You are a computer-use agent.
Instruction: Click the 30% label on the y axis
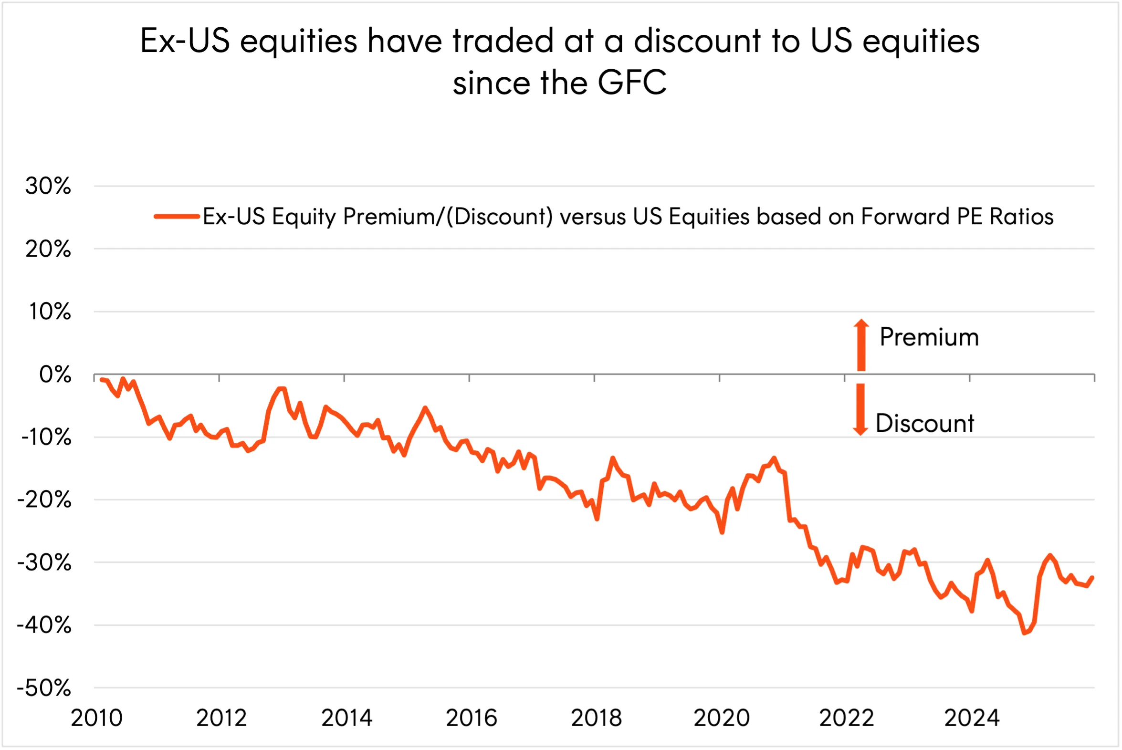pyautogui.click(x=48, y=186)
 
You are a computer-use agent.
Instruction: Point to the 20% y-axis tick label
pyautogui.click(x=48, y=249)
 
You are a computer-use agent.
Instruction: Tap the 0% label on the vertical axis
pyautogui.click(x=55, y=375)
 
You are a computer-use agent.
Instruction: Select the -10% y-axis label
pyautogui.click(x=46, y=437)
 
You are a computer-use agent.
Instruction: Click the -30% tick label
pyautogui.click(x=44, y=562)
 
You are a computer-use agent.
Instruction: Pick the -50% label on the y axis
pyautogui.click(x=44, y=688)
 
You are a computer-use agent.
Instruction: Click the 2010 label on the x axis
pyautogui.click(x=97, y=718)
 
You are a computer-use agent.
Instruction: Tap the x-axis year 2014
pyautogui.click(x=346, y=718)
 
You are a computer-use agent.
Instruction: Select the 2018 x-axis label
pyautogui.click(x=596, y=718)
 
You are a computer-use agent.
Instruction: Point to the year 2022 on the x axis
pyautogui.click(x=847, y=718)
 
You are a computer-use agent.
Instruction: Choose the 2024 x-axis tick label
pyautogui.click(x=972, y=718)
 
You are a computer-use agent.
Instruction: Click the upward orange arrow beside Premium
pyautogui.click(x=861, y=344)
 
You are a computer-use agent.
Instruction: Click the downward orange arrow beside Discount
pyautogui.click(x=860, y=409)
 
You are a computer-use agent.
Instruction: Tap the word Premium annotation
pyautogui.click(x=929, y=337)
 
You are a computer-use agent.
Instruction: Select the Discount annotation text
pyautogui.click(x=924, y=423)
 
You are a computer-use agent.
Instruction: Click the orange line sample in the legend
pyautogui.click(x=177, y=217)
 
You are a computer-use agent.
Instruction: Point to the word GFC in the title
pyautogui.click(x=631, y=83)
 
